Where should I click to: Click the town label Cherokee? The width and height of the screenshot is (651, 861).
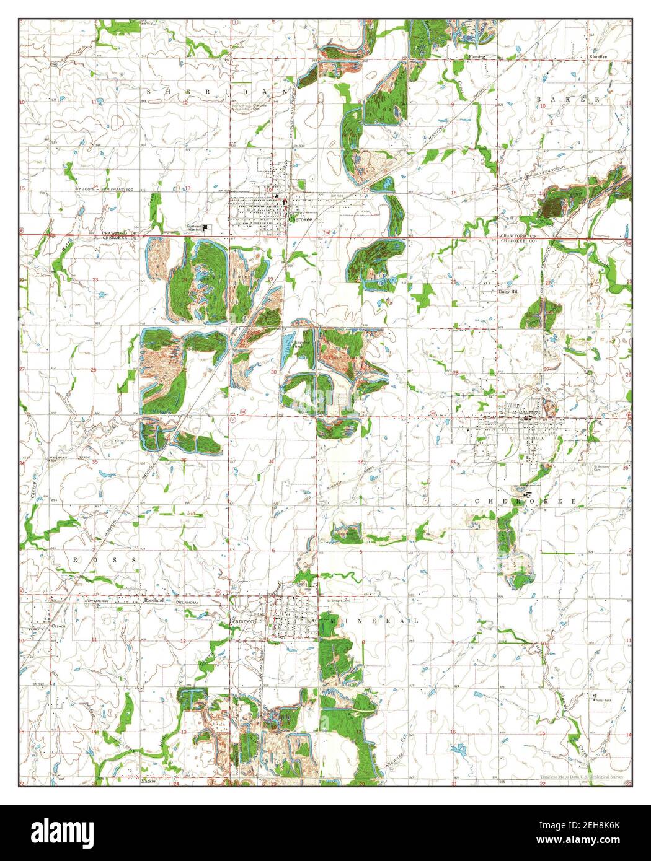301,219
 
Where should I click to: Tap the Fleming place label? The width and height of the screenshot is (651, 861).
476,56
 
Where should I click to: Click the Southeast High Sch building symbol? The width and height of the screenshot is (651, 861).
206,227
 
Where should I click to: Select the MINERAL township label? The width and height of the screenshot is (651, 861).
375,620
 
